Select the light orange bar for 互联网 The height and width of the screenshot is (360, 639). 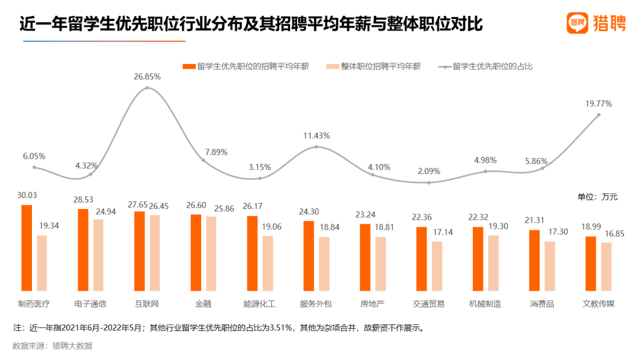tap(154, 253)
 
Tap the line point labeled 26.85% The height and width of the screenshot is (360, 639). tap(147, 88)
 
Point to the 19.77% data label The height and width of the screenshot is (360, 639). tap(598, 104)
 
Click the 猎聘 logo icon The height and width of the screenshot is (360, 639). tap(577, 24)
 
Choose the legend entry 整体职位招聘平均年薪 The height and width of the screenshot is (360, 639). tap(375, 66)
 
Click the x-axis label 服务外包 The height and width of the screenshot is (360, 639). tap(316, 304)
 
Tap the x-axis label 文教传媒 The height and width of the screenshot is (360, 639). tap(598, 304)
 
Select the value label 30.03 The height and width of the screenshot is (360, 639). tap(27, 196)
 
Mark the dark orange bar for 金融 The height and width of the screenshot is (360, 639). tap(195, 252)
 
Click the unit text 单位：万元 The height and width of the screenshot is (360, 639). tap(597, 197)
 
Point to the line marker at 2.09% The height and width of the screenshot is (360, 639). tap(429, 182)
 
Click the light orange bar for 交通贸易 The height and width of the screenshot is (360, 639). tap(437, 266)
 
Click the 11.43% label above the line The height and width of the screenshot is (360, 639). tap(316, 136)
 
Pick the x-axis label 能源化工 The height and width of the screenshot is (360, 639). tap(259, 304)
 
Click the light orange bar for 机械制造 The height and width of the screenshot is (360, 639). tap(493, 263)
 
